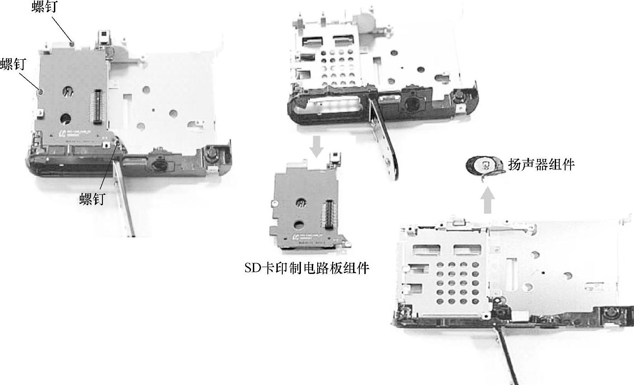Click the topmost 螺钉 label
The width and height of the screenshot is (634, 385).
(x=44, y=6)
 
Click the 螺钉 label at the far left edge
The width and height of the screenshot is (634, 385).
(x=13, y=64)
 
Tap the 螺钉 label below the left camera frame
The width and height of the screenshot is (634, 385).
(x=92, y=199)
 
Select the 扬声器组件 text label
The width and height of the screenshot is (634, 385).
(x=541, y=164)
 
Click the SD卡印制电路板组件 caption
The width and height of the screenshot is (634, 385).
(x=307, y=268)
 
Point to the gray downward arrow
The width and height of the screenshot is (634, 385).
(x=316, y=146)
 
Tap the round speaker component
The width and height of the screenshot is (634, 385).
(x=485, y=166)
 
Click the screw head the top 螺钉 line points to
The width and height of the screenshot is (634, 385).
(x=72, y=43)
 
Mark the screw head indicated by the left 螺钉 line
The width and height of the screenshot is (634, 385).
(x=40, y=91)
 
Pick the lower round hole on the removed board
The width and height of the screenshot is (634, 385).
(x=299, y=225)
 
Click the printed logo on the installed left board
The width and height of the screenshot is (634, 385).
(x=64, y=133)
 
